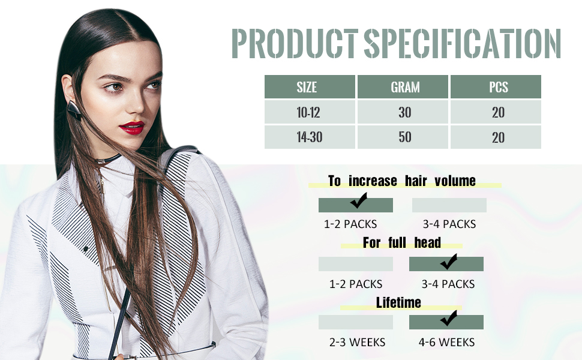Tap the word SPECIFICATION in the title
tap(462, 43)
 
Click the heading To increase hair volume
tap(402, 181)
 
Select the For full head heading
tap(402, 242)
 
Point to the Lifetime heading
tap(398, 302)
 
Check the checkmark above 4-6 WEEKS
tap(448, 320)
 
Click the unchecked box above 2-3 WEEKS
tap(356, 322)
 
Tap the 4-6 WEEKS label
tap(446, 343)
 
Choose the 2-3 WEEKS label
tap(358, 343)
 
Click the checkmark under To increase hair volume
tap(359, 202)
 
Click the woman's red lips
tap(131, 127)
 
